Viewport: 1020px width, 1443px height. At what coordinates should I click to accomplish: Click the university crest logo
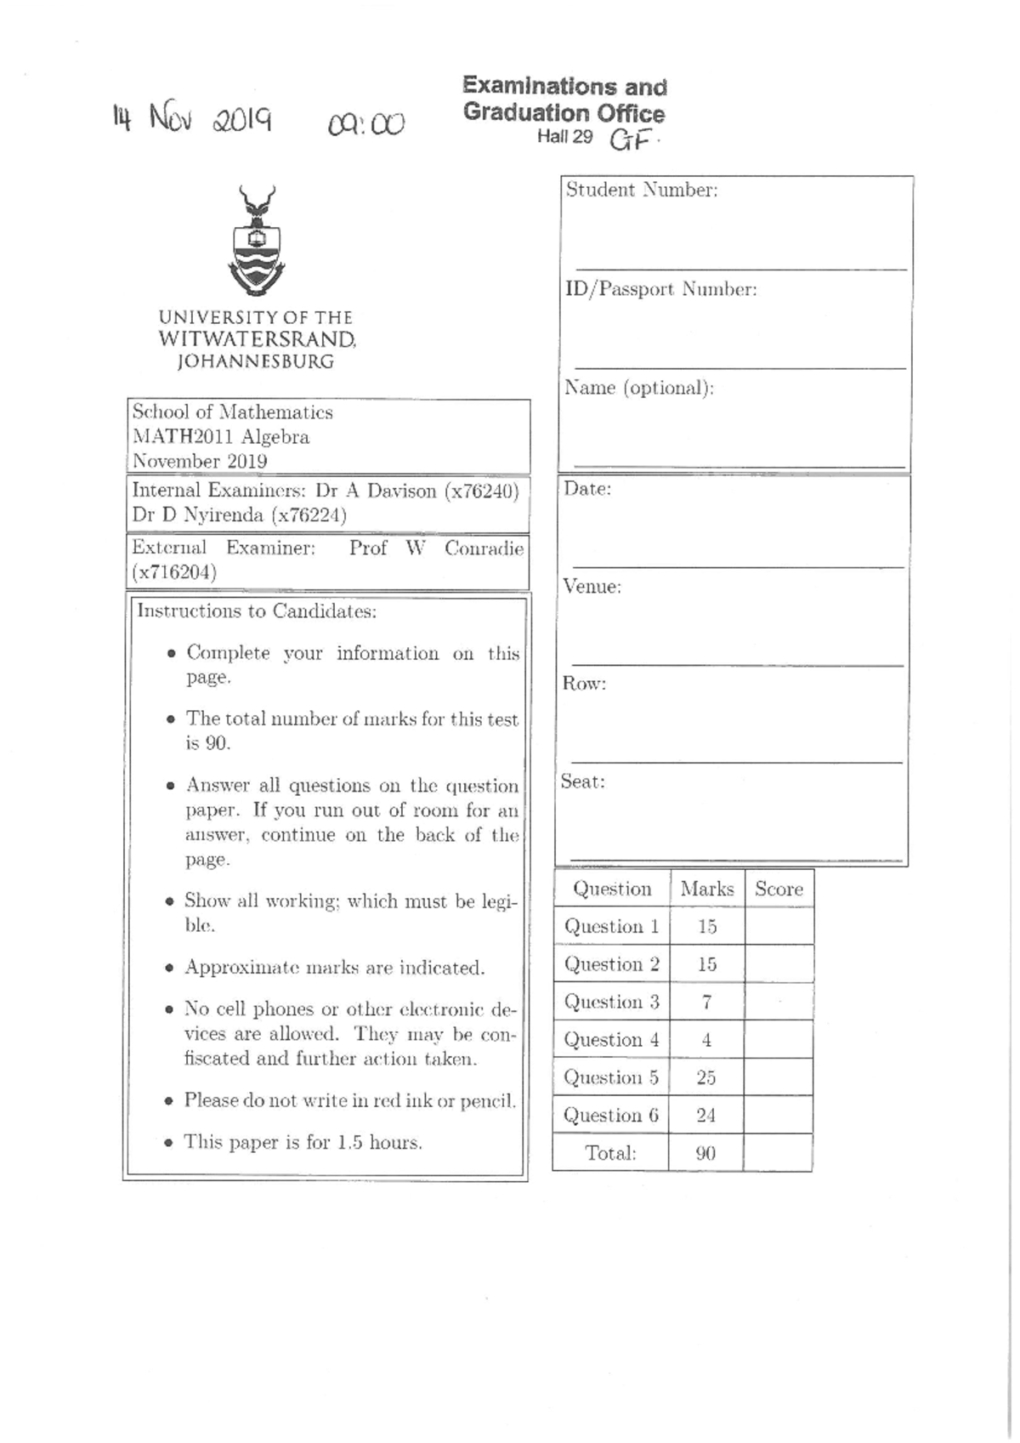(x=257, y=241)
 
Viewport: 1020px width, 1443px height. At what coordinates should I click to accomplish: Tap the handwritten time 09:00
(x=366, y=125)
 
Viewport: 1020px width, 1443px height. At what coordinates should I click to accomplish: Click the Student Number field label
(x=642, y=190)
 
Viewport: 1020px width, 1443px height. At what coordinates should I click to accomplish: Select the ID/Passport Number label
(x=660, y=289)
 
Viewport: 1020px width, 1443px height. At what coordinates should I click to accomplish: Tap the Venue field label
(x=592, y=587)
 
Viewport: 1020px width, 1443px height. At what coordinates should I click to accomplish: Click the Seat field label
(x=583, y=781)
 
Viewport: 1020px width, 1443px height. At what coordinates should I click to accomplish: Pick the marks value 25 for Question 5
(x=706, y=1077)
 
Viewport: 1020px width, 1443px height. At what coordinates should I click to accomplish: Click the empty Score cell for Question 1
(x=779, y=926)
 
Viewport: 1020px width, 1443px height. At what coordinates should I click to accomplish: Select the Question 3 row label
(x=611, y=1002)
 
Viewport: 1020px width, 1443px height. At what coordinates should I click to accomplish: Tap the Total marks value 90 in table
(x=705, y=1153)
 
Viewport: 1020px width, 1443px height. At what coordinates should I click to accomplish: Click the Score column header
(x=779, y=889)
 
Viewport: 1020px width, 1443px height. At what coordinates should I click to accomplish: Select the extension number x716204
(x=174, y=572)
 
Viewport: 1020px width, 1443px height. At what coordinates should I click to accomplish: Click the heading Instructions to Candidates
(x=257, y=611)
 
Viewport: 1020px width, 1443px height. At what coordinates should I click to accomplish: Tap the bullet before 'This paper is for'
(x=169, y=1143)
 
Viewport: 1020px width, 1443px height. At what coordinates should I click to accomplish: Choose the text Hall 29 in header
(x=564, y=137)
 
